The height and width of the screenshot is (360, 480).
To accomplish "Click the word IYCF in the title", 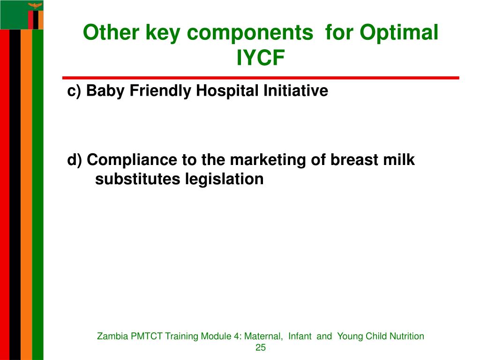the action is [261, 57].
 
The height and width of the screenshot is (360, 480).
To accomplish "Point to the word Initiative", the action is [296, 90].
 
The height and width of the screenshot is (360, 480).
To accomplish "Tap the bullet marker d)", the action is [75, 160].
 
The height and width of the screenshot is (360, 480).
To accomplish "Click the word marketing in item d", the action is [267, 160].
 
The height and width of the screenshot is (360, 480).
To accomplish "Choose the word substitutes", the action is [138, 179].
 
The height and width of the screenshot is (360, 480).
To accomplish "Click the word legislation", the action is [225, 180].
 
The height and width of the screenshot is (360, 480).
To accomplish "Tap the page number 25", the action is [261, 347].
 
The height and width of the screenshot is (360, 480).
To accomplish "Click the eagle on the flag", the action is [35, 6].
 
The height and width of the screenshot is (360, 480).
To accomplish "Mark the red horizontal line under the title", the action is [261, 78].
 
